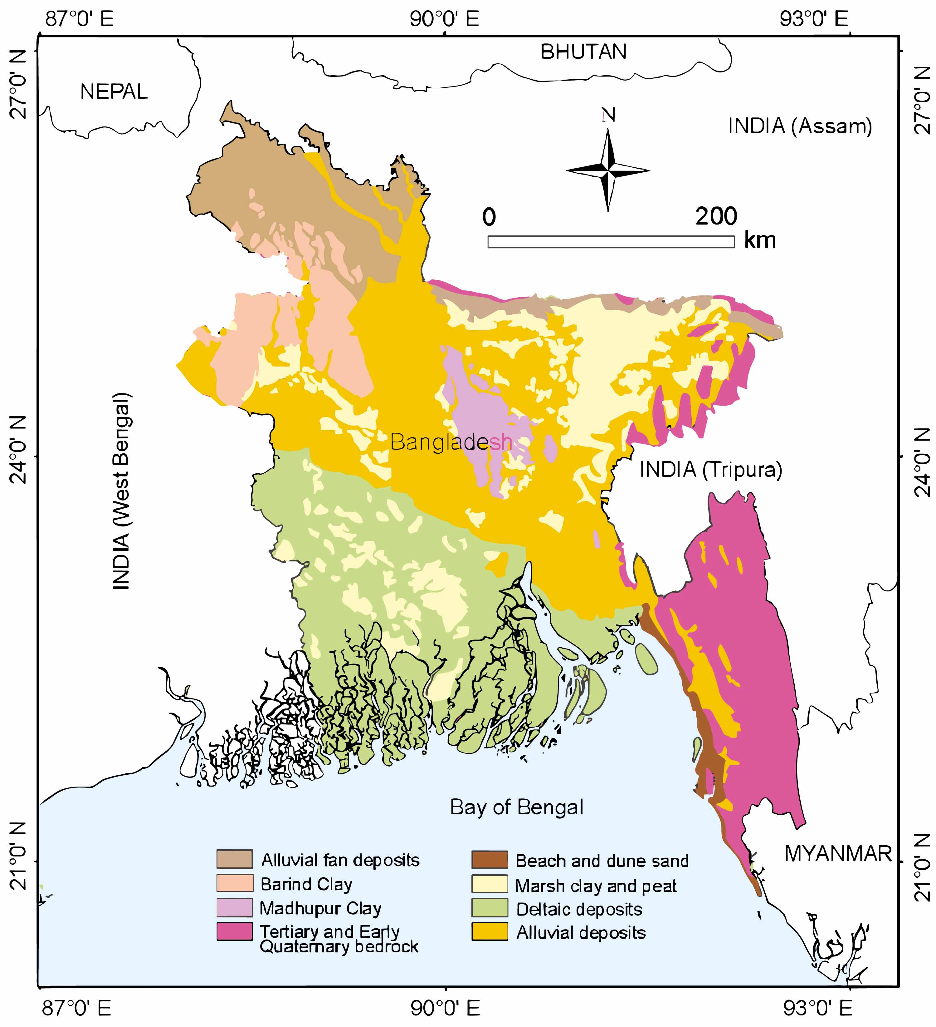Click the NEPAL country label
(x=114, y=92)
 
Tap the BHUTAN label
(x=583, y=52)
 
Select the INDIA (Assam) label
(x=800, y=126)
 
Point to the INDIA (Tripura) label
(x=710, y=469)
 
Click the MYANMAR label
(x=838, y=853)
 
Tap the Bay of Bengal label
(x=517, y=807)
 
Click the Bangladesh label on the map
(x=451, y=442)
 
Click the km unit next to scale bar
(x=760, y=240)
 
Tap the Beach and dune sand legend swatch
(x=490, y=860)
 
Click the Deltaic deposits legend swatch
(x=490, y=908)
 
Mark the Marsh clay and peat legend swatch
(x=490, y=884)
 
